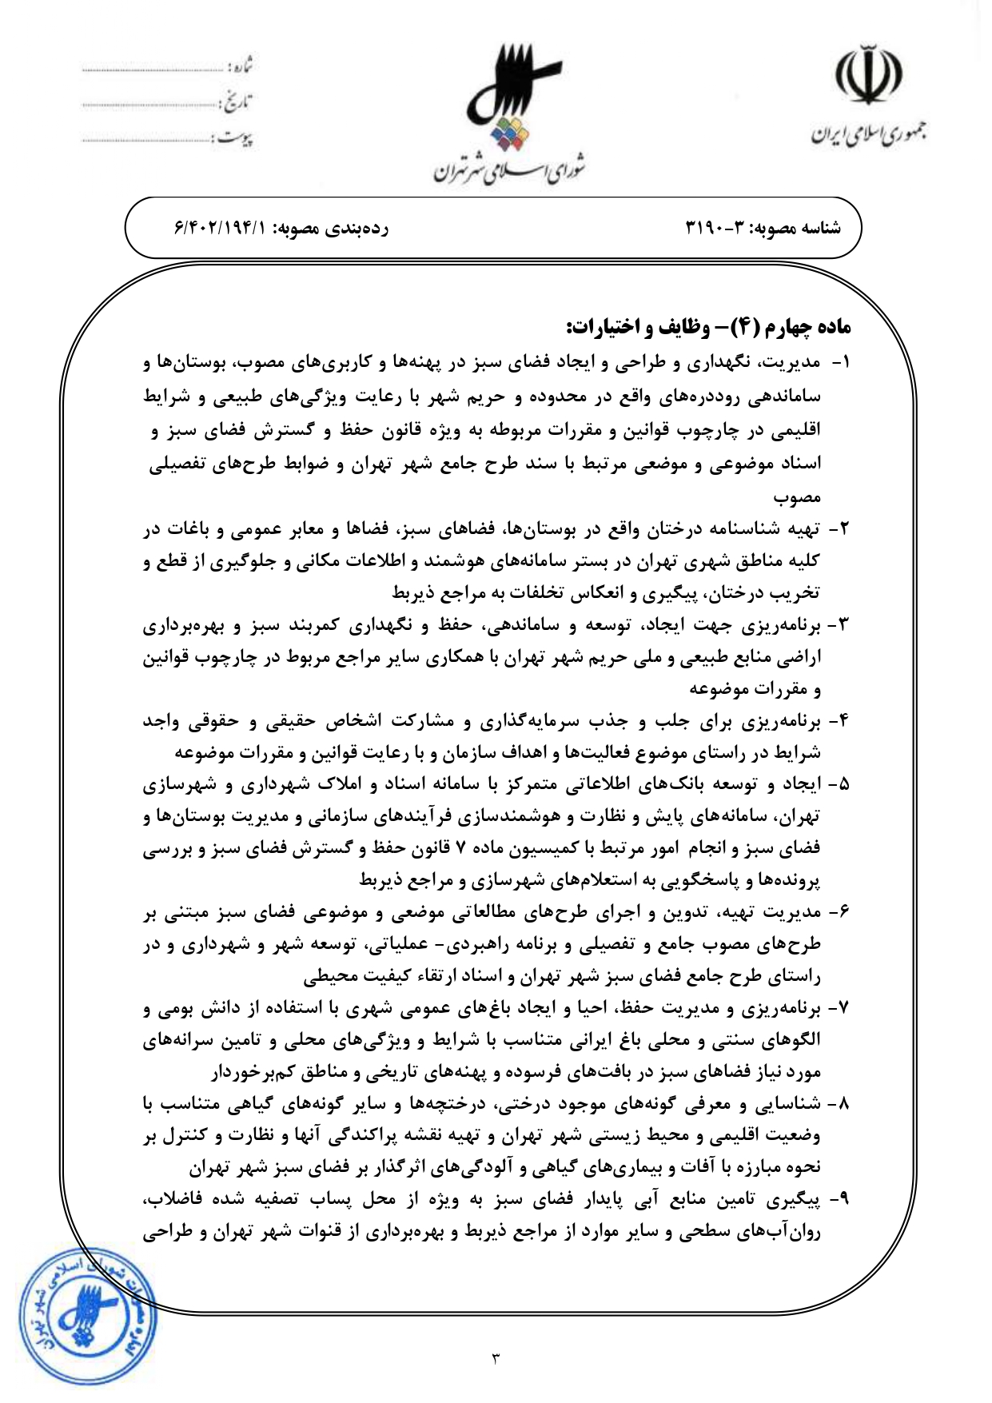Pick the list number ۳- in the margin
pyautogui.click(x=839, y=625)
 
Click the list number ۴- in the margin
pyautogui.click(x=839, y=721)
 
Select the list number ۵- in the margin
pyautogui.click(x=839, y=784)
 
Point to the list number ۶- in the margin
pyautogui.click(x=839, y=912)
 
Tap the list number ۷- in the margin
pyautogui.click(x=839, y=1009)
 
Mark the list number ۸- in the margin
pyautogui.click(x=839, y=1104)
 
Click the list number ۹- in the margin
pyautogui.click(x=839, y=1200)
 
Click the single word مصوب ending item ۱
pyautogui.click(x=797, y=497)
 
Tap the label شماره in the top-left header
pyautogui.click(x=240, y=65)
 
